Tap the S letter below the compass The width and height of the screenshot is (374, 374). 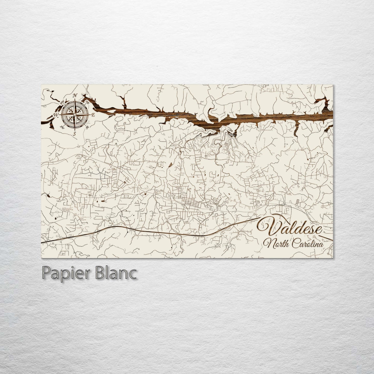[x=75, y=134]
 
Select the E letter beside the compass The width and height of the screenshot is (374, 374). [x=94, y=115]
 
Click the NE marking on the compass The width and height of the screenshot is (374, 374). [x=87, y=102]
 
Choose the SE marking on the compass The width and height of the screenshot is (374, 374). [x=87, y=127]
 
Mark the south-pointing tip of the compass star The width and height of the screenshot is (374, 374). [x=75, y=129]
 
